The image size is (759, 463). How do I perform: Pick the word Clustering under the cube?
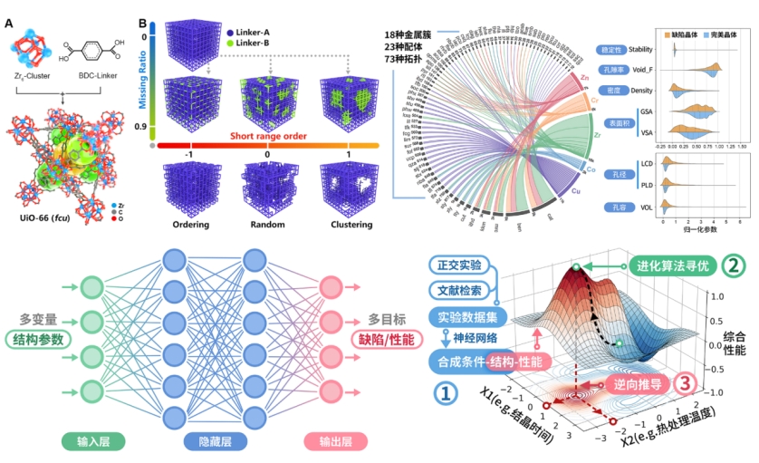(349, 224)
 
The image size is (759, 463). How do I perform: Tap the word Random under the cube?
(267, 224)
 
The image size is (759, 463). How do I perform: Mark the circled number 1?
(444, 391)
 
